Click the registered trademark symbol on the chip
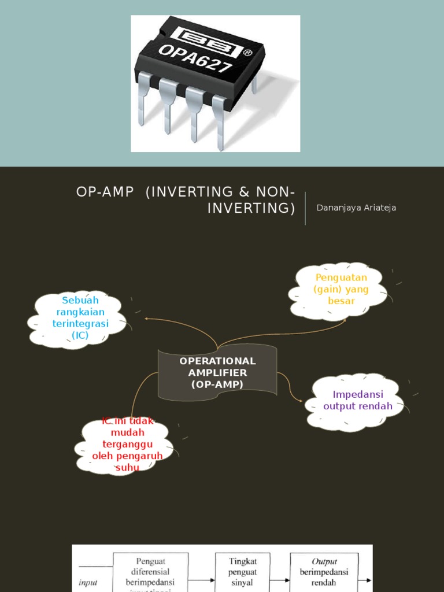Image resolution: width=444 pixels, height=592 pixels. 247,53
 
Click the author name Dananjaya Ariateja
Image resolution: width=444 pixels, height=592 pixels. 356,208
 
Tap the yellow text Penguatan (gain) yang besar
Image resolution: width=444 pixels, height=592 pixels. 341,289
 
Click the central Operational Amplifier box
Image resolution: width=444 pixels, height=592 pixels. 217,373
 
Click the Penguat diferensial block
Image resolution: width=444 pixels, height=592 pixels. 150,572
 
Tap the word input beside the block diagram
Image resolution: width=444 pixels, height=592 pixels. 88,583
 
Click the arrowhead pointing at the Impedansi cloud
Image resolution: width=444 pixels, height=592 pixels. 299,399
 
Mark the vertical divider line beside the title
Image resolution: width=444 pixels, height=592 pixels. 305,208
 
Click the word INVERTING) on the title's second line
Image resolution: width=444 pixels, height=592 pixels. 251,208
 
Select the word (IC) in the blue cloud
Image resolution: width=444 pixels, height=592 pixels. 80,335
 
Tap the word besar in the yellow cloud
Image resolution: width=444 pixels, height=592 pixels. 341,301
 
